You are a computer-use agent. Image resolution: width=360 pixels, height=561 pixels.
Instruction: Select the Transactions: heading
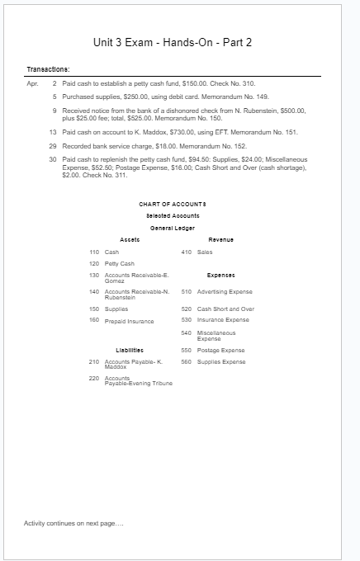[x=48, y=68]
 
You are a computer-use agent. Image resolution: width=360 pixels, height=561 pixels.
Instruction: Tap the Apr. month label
[x=32, y=84]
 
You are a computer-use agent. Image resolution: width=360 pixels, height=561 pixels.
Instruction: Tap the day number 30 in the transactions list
[x=53, y=158]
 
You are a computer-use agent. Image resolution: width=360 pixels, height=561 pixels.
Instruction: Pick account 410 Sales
[x=196, y=251]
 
